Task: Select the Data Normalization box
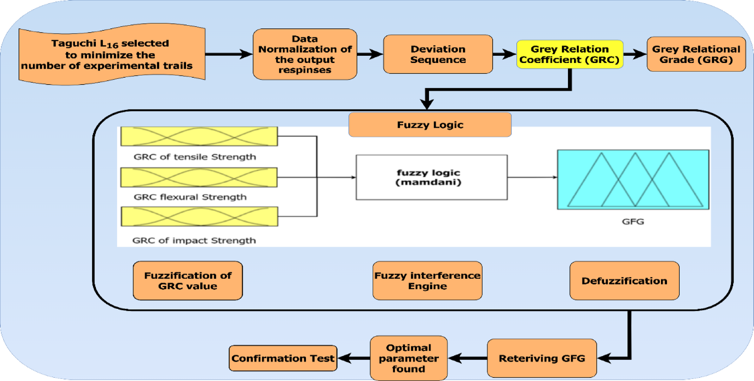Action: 305,54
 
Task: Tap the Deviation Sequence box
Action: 438,54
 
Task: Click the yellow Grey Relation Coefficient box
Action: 569,54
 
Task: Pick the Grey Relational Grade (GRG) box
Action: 696,54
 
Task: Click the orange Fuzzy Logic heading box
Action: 430,125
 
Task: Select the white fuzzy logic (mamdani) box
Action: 431,177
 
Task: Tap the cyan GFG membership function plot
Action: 633,180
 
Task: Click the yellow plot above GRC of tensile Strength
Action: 199,136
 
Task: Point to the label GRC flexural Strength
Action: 190,197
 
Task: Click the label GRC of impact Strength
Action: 194,240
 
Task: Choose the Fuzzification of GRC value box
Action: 188,281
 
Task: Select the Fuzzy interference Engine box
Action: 427,281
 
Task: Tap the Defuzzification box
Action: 624,281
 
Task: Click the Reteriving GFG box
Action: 542,358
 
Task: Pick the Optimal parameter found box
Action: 408,358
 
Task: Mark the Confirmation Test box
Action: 283,358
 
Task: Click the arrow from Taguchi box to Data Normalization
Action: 228,54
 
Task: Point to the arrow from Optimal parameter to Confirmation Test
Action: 353,358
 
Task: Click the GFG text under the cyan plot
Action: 633,221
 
